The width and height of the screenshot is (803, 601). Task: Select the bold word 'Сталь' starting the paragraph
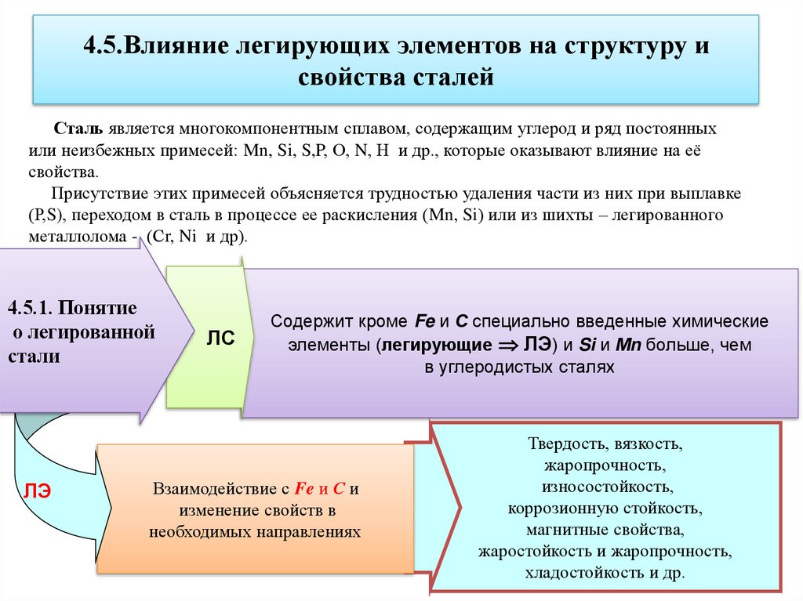click(x=75, y=127)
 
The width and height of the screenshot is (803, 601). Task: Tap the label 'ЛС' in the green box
click(x=220, y=338)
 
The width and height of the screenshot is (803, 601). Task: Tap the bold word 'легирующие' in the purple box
click(x=435, y=345)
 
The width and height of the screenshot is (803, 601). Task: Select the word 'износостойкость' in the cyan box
click(x=605, y=487)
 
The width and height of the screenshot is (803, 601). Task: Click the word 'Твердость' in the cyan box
click(x=561, y=445)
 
